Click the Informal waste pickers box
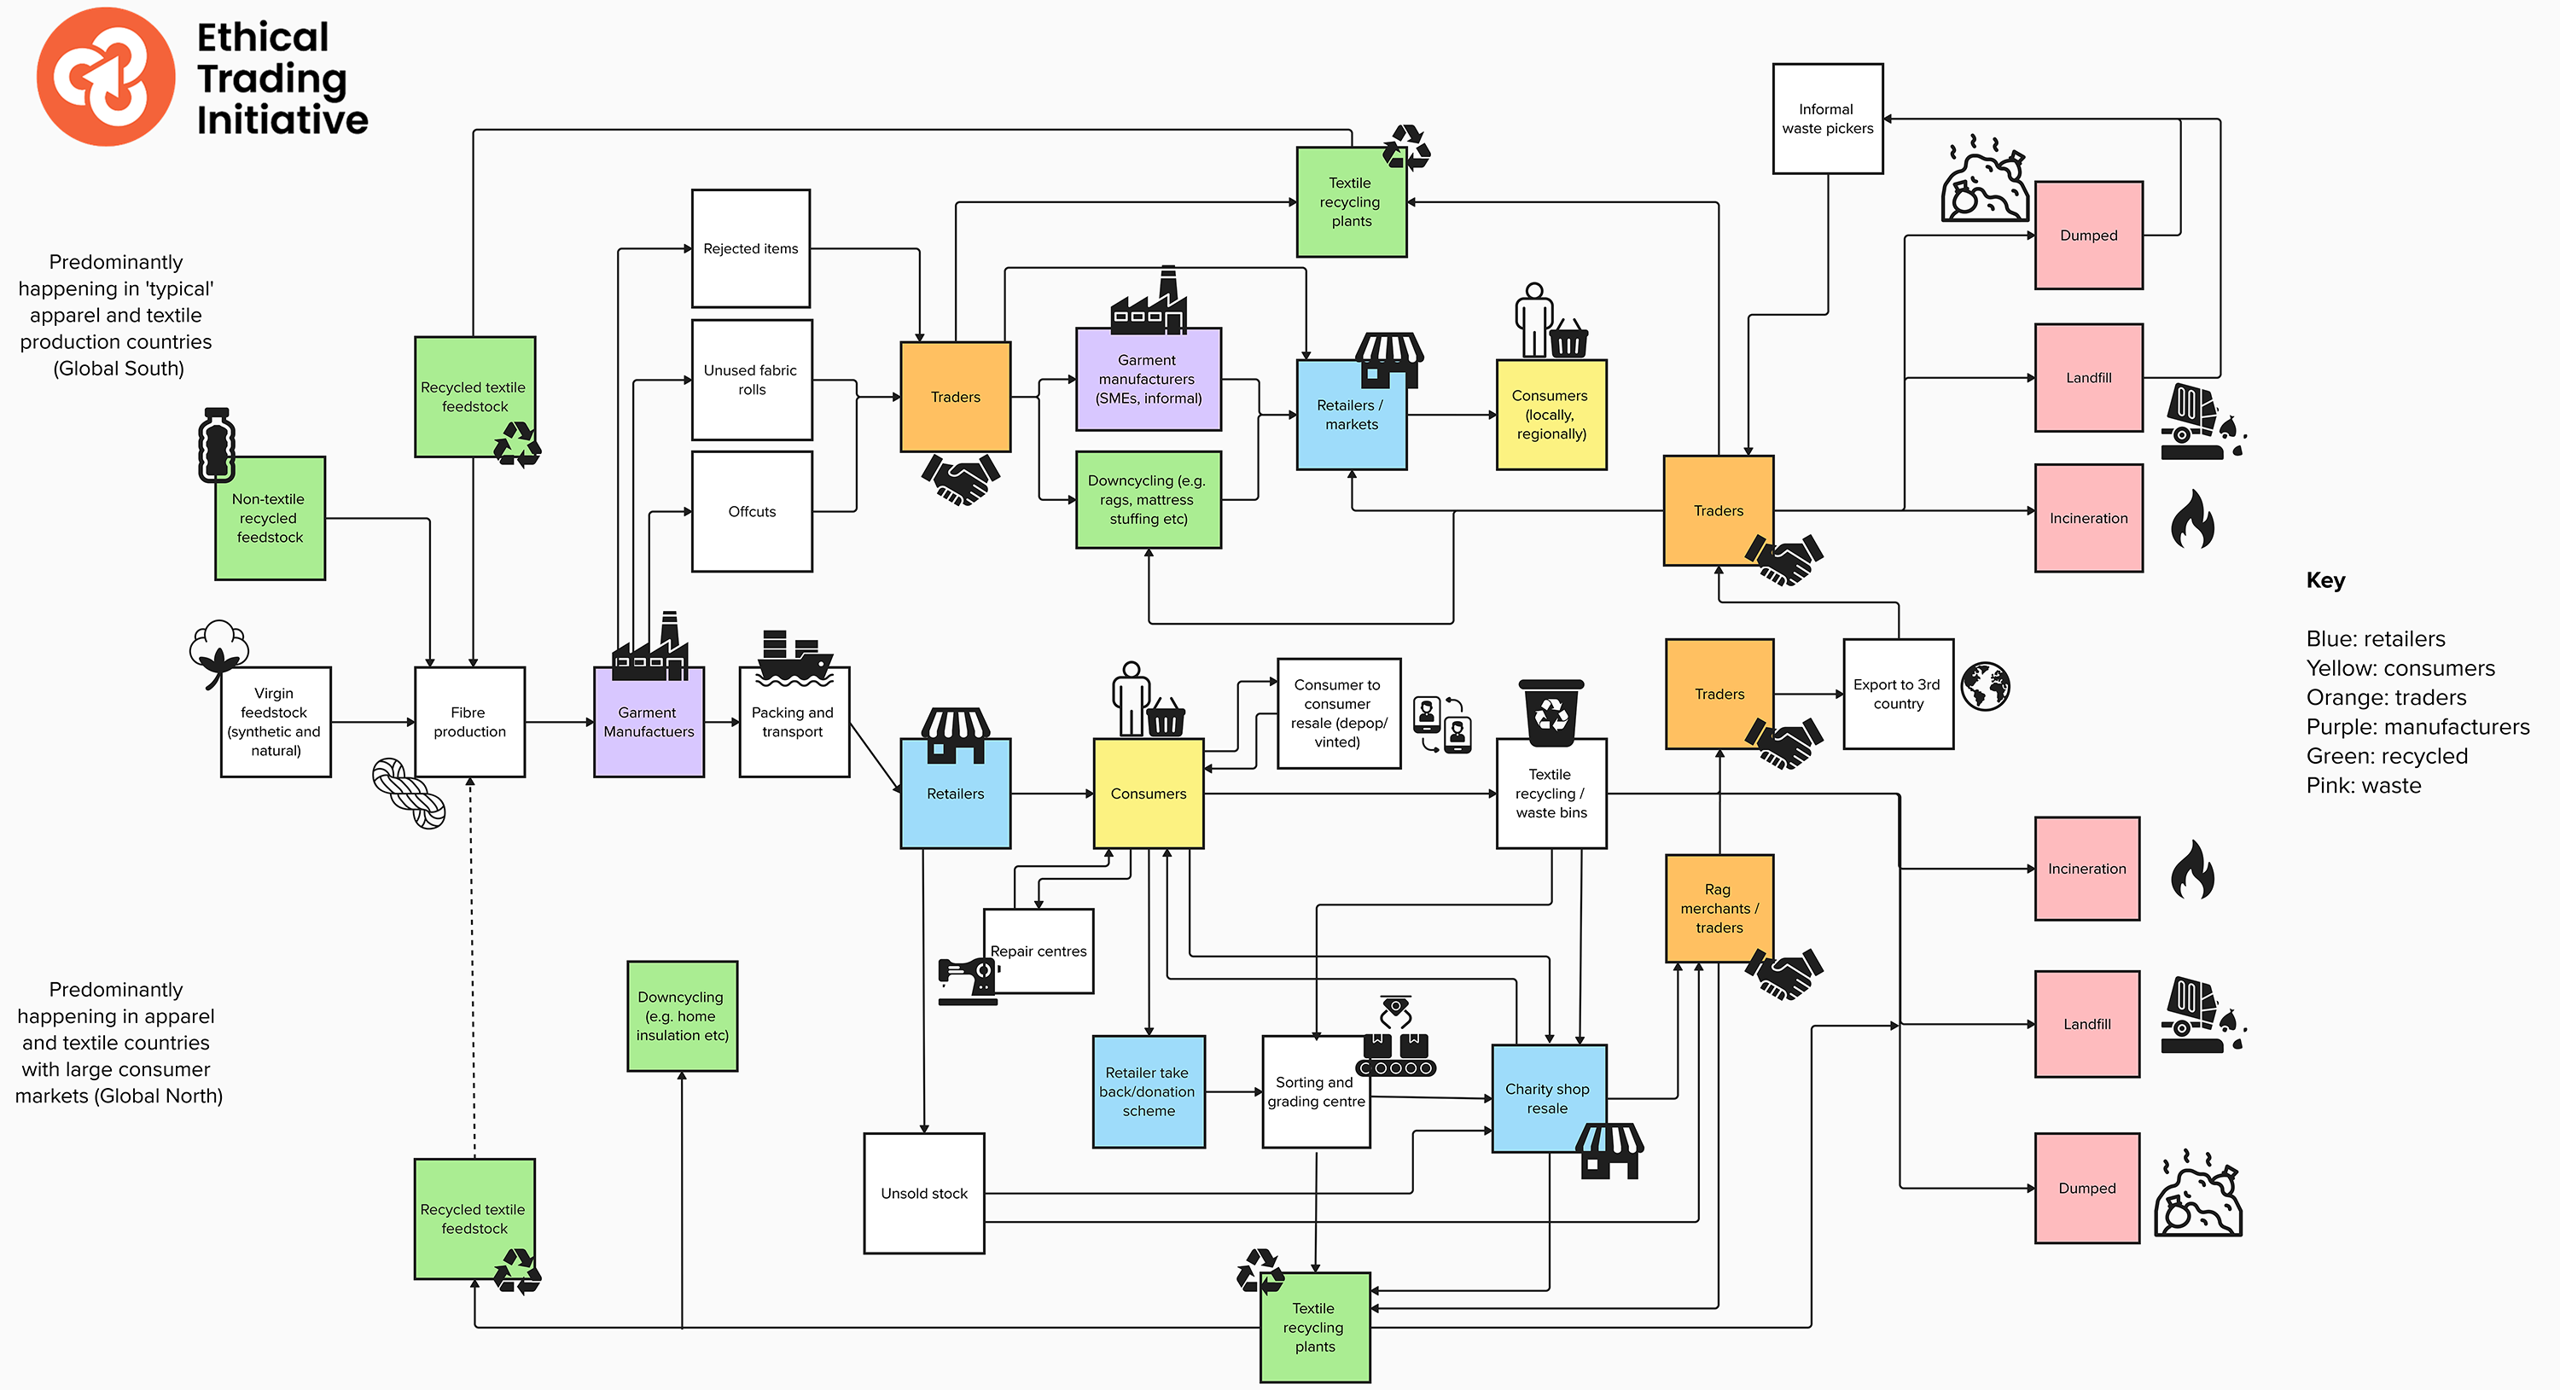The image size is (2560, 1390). tap(1828, 119)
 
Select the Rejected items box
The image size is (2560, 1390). tap(751, 248)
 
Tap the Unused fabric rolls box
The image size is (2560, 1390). tap(751, 380)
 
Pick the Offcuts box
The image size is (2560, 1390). tap(751, 512)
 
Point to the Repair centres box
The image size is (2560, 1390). tap(1039, 951)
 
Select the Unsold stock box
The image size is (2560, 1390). tap(924, 1193)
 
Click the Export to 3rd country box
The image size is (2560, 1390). tap(1898, 694)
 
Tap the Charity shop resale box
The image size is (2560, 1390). tap(1548, 1098)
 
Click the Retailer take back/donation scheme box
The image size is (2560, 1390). tap(1149, 1091)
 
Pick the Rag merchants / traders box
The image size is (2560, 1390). tap(1719, 908)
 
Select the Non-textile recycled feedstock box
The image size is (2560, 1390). tap(271, 518)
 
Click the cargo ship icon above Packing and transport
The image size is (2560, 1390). tap(794, 658)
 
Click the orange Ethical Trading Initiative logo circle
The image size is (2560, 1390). tap(105, 77)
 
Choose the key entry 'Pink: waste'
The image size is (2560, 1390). tap(2363, 785)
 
